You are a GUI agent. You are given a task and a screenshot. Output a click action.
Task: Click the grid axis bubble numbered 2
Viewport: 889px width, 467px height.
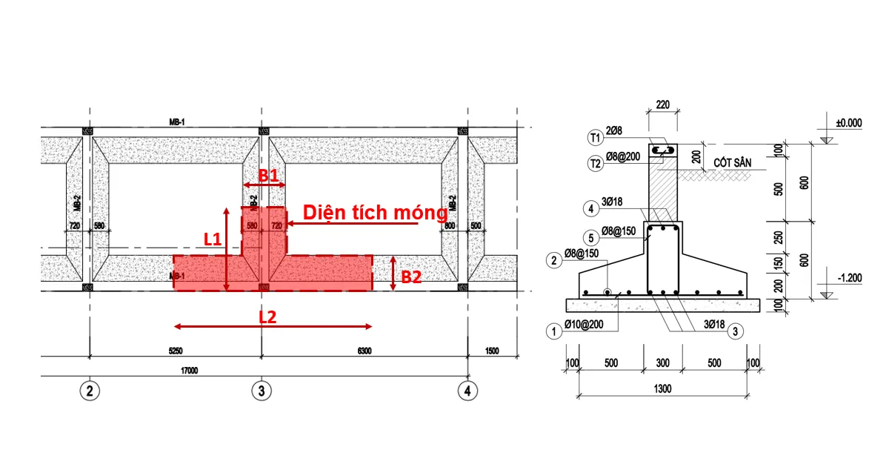pos(90,390)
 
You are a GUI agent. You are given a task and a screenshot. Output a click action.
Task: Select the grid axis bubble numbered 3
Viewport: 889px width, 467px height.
pos(260,390)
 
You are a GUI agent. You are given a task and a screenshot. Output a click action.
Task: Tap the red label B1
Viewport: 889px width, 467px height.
pos(268,176)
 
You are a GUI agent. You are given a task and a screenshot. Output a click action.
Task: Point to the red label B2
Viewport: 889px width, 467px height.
pos(411,277)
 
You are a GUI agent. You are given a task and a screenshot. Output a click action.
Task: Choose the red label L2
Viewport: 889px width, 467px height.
pos(267,317)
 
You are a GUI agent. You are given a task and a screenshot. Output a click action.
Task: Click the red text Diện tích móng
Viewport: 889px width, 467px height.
pos(375,213)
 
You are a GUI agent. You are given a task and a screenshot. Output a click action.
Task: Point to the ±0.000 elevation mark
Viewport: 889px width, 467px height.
pos(849,124)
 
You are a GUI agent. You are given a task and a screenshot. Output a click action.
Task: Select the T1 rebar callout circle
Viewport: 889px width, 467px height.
pos(595,137)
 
